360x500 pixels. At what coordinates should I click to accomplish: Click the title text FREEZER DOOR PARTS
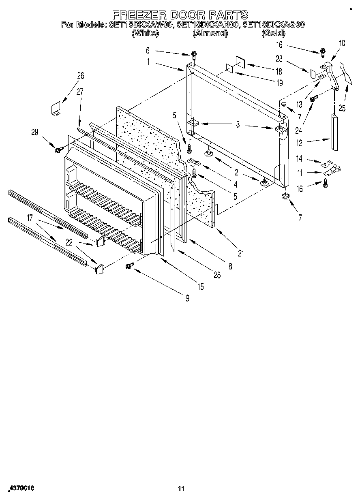pos(180,15)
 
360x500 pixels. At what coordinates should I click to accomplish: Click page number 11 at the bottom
pos(181,489)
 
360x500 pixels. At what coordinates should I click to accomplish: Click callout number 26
pos(81,75)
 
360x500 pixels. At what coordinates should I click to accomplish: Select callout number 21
pos(241,254)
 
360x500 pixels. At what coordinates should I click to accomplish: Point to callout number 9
pos(187,299)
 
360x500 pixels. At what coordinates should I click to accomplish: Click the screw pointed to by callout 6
pos(195,55)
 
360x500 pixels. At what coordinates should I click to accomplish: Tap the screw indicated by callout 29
pos(57,150)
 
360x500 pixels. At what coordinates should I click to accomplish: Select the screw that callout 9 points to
pos(130,265)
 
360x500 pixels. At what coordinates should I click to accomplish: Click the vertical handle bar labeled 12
pos(334,132)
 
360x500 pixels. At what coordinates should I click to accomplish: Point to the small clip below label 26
pos(55,109)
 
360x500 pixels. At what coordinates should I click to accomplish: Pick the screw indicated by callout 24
pos(313,98)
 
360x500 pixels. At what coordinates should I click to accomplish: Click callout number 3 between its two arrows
pos(238,125)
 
